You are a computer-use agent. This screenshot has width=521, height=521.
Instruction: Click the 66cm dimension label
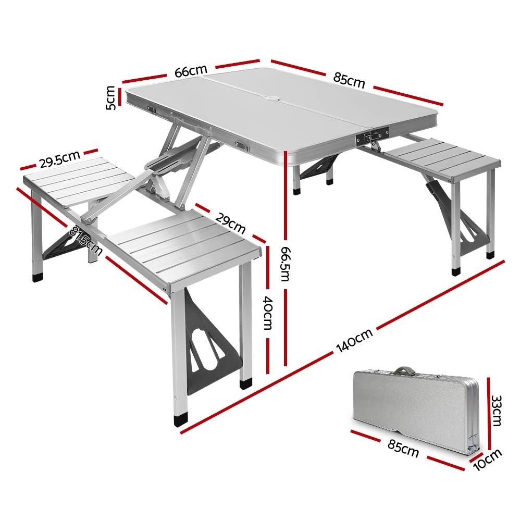[191, 71]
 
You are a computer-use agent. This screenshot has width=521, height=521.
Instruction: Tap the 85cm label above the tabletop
[349, 81]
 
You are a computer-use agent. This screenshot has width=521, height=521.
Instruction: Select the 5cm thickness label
[110, 97]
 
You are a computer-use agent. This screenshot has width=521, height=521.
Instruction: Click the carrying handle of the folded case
[402, 371]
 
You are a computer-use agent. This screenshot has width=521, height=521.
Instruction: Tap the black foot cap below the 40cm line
[244, 384]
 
